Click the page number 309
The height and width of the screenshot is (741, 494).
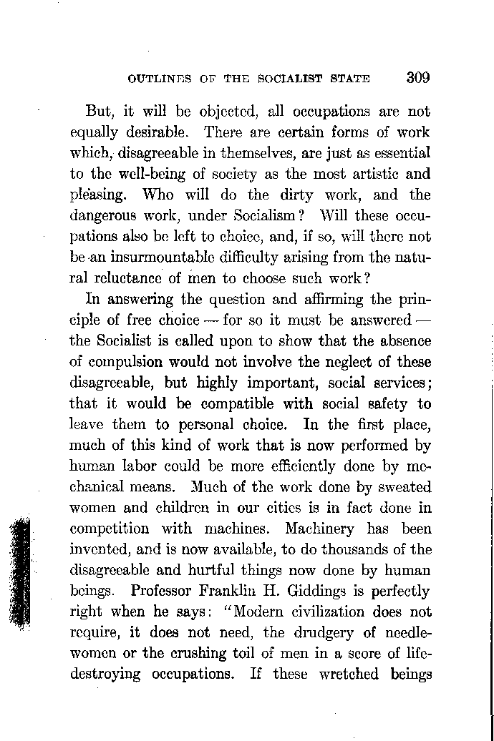[x=417, y=77]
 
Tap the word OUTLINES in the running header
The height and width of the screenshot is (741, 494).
[x=158, y=79]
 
